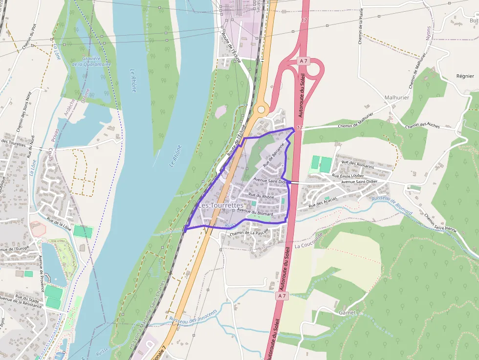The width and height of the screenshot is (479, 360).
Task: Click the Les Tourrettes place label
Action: click(220, 206)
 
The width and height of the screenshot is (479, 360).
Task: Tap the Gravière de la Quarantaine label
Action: click(91, 62)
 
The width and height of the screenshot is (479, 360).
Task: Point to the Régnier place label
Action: click(465, 76)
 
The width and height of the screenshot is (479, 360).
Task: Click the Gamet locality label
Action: click(348, 312)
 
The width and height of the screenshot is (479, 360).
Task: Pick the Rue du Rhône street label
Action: click(261, 196)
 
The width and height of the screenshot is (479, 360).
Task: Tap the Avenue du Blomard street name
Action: click(255, 212)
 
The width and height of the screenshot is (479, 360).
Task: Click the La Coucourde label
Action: click(309, 241)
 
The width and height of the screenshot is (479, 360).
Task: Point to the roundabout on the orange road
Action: click(261, 109)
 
